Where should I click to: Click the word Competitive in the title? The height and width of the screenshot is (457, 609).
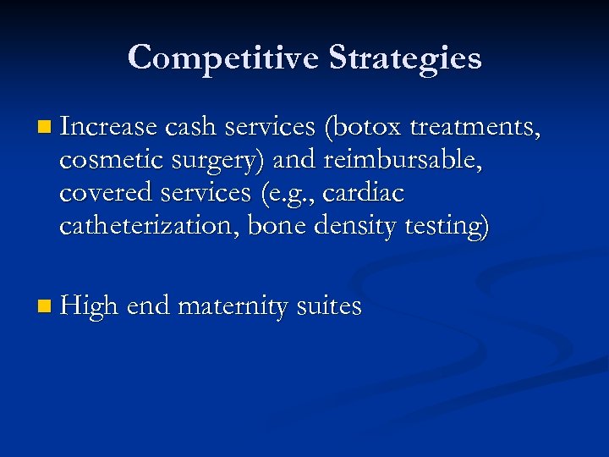[x=223, y=58]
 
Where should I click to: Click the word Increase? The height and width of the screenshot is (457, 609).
[x=109, y=127]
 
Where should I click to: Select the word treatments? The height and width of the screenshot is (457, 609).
[x=479, y=127]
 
